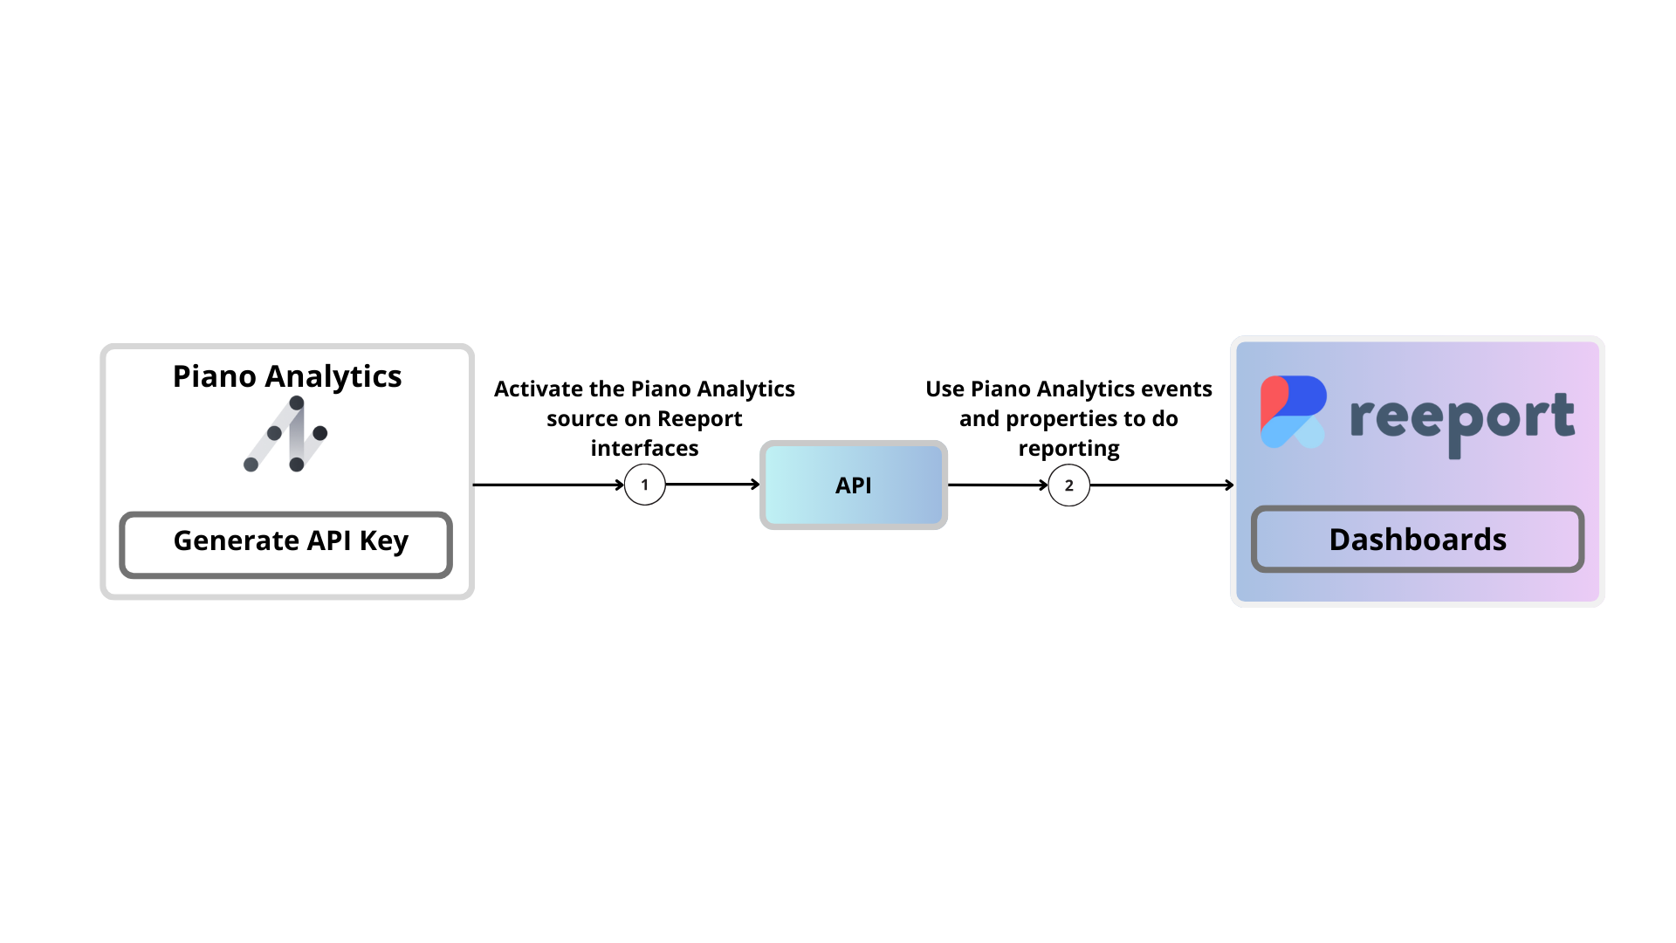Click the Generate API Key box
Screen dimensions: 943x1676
[x=285, y=545]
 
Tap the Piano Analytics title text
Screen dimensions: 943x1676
[x=287, y=376]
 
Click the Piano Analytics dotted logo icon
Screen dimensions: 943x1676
[x=286, y=434]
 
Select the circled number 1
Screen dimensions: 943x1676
[x=645, y=485]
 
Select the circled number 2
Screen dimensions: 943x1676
[x=1068, y=485]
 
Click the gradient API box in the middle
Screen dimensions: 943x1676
[x=854, y=485]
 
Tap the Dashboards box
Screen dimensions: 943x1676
[x=1418, y=540]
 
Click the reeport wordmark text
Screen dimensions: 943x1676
[x=1462, y=420]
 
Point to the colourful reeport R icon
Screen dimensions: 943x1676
[x=1293, y=412]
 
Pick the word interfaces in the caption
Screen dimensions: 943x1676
[x=644, y=448]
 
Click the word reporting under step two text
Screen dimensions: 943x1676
[x=1068, y=448]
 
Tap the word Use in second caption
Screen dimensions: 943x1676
[x=945, y=389]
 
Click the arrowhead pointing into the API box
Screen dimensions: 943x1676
[x=755, y=484]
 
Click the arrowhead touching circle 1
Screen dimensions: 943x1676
[x=620, y=485]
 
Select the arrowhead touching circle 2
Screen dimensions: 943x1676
[x=1043, y=485]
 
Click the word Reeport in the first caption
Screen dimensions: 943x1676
[x=699, y=418]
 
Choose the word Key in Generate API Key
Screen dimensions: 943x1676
[x=383, y=541]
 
